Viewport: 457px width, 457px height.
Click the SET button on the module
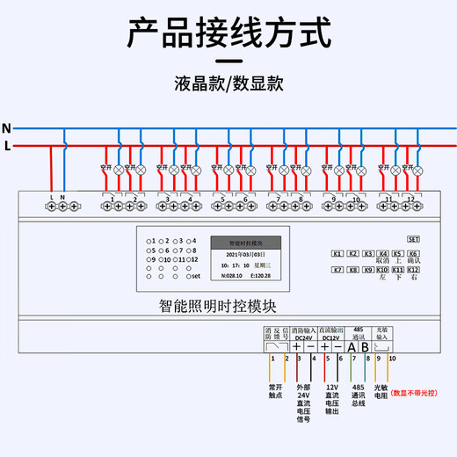(415, 239)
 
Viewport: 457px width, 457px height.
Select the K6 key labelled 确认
(414, 254)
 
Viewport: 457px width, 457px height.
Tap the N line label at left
(7, 128)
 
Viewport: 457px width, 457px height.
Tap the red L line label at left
(8, 146)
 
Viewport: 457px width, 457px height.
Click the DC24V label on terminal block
(303, 337)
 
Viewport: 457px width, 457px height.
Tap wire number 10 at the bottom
(393, 359)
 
